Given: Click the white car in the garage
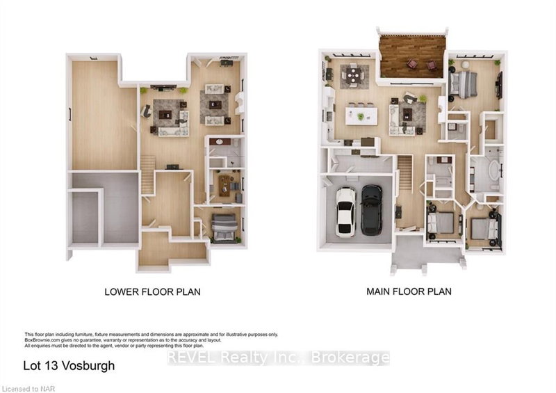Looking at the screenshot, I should pyautogui.click(x=345, y=211).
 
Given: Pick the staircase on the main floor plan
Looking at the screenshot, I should pyautogui.click(x=404, y=174).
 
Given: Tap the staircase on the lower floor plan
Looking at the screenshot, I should pyautogui.click(x=147, y=174).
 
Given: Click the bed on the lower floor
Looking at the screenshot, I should pyautogui.click(x=224, y=227).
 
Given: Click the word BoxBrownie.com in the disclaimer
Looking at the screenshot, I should pyautogui.click(x=42, y=339).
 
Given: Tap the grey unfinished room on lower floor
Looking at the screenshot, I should pyautogui.click(x=104, y=209).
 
